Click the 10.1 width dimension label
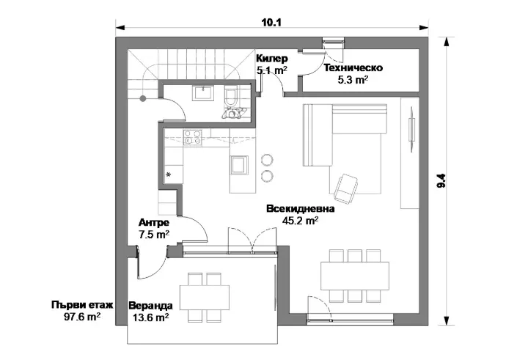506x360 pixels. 271,22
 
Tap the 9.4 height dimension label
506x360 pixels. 441,180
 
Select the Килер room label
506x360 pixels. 272,59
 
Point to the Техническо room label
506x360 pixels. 353,67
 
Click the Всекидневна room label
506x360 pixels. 301,209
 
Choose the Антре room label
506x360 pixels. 154,223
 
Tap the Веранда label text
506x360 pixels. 151,306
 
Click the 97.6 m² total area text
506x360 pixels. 82,317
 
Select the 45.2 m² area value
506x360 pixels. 301,220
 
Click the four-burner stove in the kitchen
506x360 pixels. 193,137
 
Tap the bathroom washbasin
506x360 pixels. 202,93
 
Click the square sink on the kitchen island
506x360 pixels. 239,165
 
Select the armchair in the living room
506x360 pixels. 346,189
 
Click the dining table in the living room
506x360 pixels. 355,276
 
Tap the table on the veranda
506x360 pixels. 205,298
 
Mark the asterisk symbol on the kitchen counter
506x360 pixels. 168,175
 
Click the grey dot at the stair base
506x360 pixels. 143,99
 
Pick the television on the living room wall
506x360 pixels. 412,129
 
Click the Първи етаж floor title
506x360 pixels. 82,305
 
